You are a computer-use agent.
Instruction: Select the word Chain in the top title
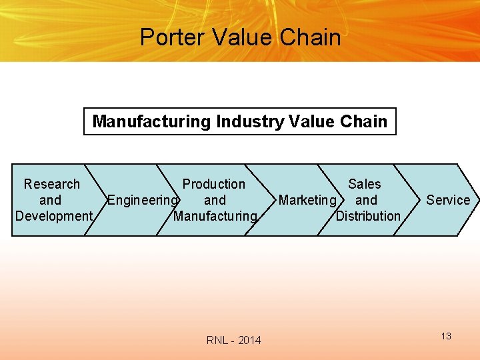click(x=311, y=37)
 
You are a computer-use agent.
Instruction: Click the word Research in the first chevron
click(x=51, y=184)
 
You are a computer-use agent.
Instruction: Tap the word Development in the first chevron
click(x=53, y=216)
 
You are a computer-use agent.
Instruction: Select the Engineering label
click(x=143, y=200)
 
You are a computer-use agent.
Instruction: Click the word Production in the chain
click(x=213, y=184)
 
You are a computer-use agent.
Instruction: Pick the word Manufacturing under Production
click(x=215, y=216)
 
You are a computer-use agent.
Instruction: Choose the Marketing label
click(x=307, y=200)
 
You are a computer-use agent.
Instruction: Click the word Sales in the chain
click(x=365, y=184)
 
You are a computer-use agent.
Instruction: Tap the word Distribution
click(x=368, y=216)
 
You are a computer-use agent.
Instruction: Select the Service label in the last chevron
click(x=448, y=200)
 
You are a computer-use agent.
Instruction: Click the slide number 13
click(x=446, y=336)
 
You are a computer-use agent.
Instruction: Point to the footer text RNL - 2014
click(x=233, y=341)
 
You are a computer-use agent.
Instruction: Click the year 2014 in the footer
click(x=249, y=341)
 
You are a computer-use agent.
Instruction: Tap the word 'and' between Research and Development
click(x=50, y=200)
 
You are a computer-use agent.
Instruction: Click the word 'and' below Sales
click(x=366, y=200)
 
